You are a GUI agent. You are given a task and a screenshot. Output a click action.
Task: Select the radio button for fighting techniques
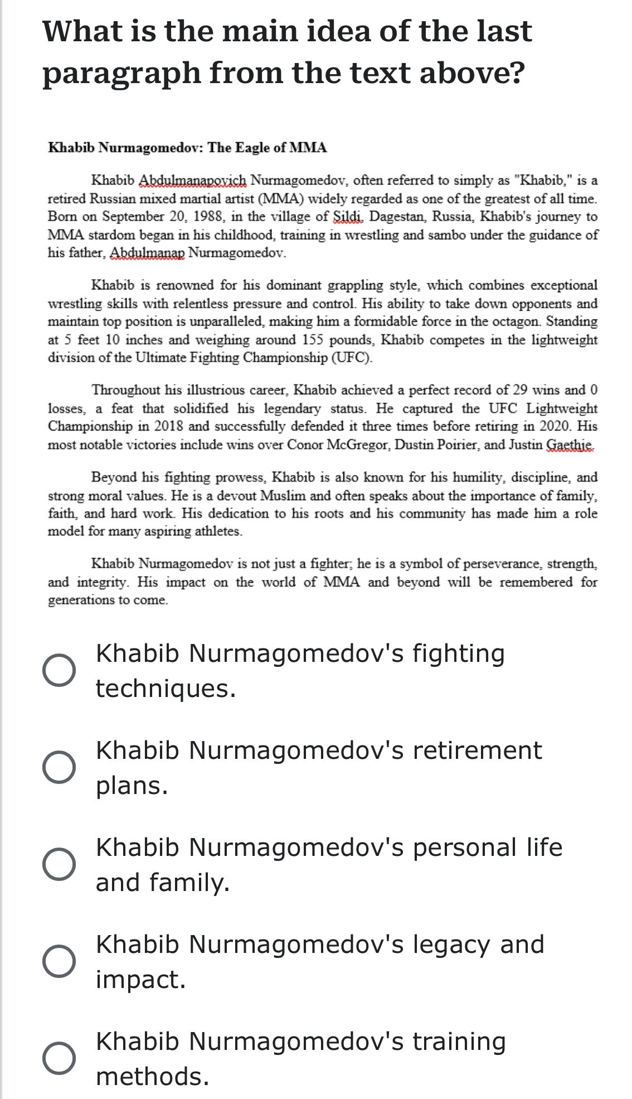(x=59, y=670)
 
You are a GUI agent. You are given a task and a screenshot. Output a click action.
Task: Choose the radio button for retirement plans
(x=59, y=767)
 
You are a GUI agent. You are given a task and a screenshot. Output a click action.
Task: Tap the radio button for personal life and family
(x=59, y=864)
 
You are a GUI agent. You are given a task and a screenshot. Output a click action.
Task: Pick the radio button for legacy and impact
(x=59, y=961)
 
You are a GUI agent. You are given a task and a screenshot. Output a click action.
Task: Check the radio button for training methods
(x=59, y=1058)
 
